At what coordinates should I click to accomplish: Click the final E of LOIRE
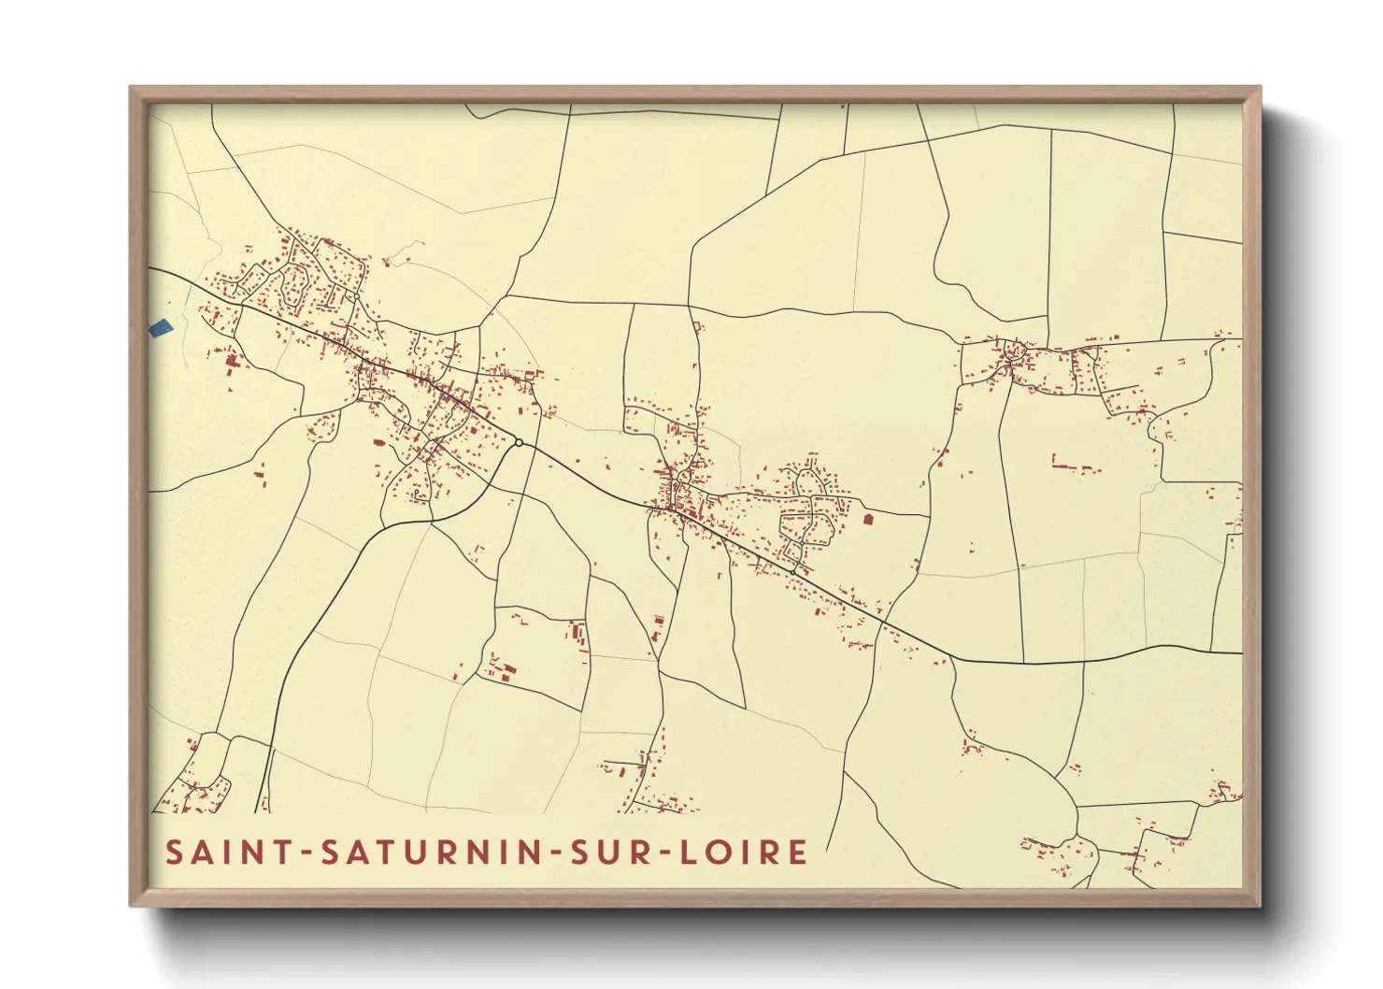click(x=798, y=853)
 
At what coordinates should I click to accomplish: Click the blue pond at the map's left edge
click(x=161, y=328)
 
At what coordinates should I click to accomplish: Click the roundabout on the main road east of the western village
click(x=519, y=442)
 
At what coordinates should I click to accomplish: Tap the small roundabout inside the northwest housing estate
click(x=355, y=297)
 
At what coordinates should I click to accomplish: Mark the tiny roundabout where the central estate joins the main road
click(x=796, y=564)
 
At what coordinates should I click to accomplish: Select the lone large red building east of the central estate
click(x=867, y=517)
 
